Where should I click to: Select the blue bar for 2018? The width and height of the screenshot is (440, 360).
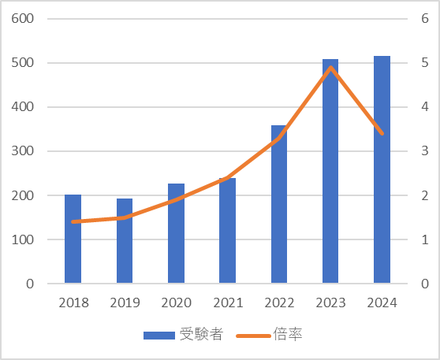click(73, 239)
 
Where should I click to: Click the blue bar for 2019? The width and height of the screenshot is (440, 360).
click(125, 241)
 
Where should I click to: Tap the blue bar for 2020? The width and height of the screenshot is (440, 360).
click(176, 233)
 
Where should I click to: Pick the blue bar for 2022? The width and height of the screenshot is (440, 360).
click(279, 204)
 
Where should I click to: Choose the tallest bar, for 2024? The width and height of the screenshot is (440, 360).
click(382, 169)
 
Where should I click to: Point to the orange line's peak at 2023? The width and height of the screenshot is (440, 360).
click(331, 67)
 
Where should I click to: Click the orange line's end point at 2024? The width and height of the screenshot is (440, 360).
click(382, 134)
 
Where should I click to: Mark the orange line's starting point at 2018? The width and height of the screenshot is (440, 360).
click(73, 222)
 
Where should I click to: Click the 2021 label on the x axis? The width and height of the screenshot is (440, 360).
click(228, 302)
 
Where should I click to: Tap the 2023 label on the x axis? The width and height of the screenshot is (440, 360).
click(331, 302)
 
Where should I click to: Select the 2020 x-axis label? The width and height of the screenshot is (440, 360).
click(176, 302)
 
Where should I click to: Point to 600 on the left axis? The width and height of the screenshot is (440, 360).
click(22, 18)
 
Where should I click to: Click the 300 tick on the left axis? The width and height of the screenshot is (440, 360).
click(22, 150)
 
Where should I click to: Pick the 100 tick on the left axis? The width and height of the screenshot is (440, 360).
click(22, 239)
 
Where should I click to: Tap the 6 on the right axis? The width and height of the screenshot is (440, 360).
click(425, 18)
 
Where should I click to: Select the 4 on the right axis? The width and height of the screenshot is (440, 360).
click(425, 107)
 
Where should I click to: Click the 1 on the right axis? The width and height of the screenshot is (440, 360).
click(425, 239)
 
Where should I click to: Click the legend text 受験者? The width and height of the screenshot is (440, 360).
click(202, 334)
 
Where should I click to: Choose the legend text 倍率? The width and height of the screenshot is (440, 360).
click(288, 334)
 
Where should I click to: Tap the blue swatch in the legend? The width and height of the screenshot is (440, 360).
click(159, 336)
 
